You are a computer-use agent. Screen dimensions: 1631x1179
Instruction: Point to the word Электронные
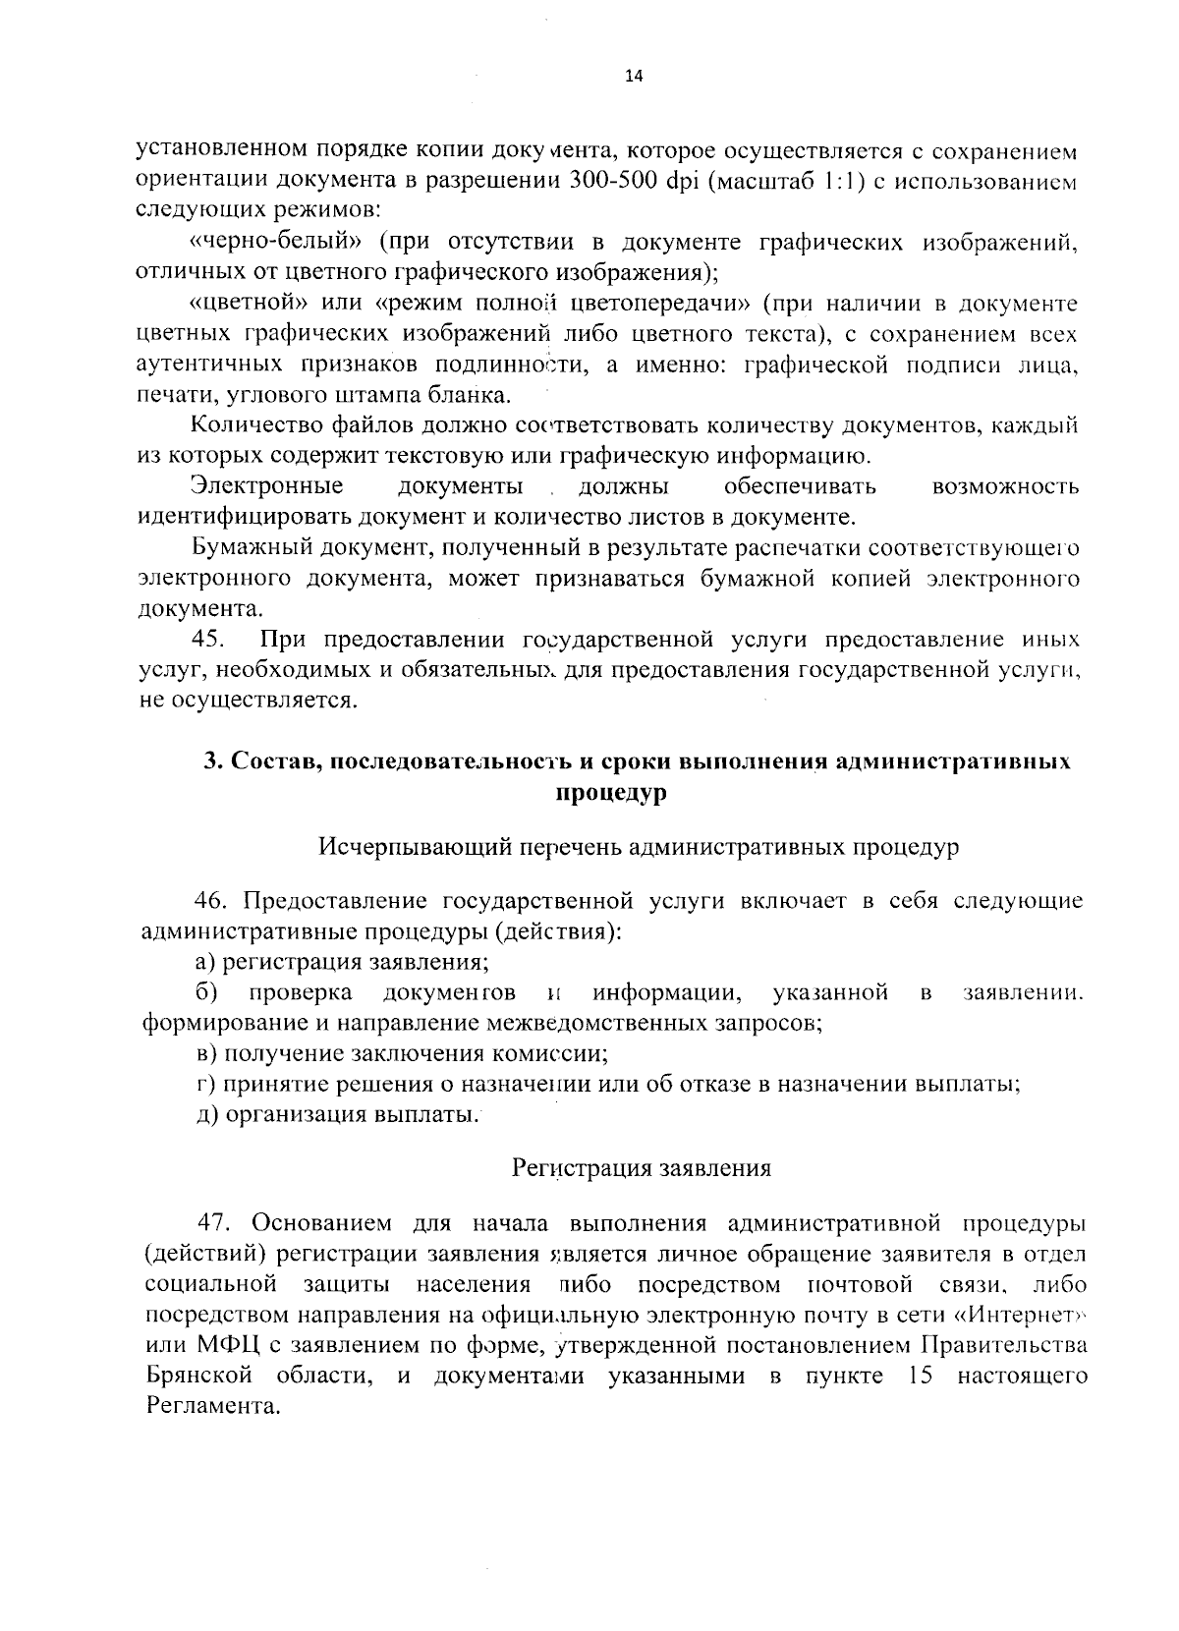click(266, 486)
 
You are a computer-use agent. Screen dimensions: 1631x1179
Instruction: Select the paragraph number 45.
click(208, 640)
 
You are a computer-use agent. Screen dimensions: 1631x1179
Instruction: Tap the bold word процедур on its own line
click(611, 793)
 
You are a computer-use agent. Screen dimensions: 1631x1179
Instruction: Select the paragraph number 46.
click(213, 901)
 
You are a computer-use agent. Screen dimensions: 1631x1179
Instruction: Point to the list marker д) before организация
click(206, 1115)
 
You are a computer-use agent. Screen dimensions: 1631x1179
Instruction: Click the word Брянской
click(195, 1376)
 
